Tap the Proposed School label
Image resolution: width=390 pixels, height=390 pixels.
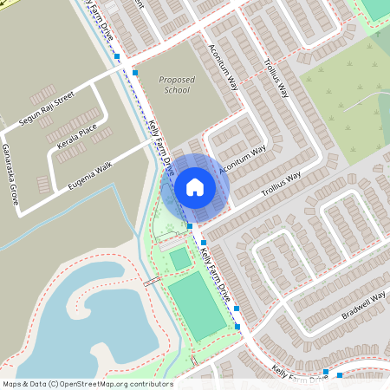coord(177,84)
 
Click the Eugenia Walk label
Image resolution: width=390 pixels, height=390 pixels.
coord(91,172)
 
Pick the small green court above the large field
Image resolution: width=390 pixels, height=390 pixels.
coord(180,258)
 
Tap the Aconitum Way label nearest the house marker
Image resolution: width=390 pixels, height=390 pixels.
coord(242,161)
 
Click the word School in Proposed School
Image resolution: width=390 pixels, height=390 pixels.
coord(177,89)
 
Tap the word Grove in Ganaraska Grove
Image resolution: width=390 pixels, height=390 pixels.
coord(15,197)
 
